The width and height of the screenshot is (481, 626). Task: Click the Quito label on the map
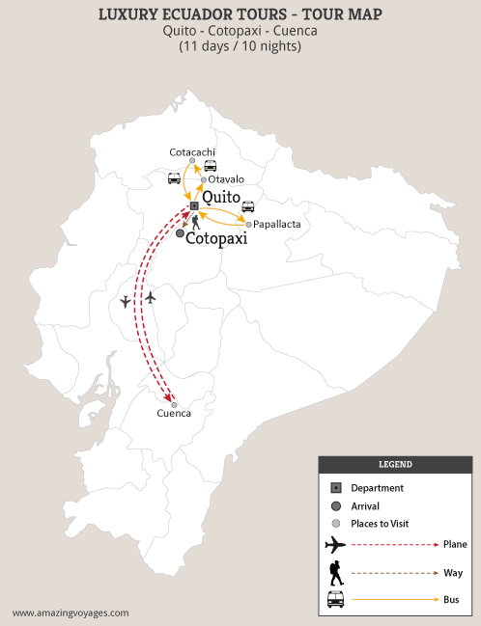coord(220,196)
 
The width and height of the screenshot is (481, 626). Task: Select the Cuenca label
coord(174,414)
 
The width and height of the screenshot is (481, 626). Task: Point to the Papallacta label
coord(276,224)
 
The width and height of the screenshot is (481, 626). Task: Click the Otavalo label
coord(227,178)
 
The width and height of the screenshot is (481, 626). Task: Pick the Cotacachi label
coord(192,152)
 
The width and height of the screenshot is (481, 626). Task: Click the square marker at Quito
coord(194,206)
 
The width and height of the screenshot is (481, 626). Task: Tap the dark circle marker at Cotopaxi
coord(180,232)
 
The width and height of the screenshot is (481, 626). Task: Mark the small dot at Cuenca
coord(174,404)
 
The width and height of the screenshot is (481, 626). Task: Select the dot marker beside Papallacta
coord(248,225)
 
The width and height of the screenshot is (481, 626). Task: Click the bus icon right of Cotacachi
coord(210,165)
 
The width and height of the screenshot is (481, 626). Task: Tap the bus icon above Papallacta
coord(248,206)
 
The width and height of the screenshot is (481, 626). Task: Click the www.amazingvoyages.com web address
coord(70,612)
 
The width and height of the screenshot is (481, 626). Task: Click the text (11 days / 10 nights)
coord(240,45)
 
